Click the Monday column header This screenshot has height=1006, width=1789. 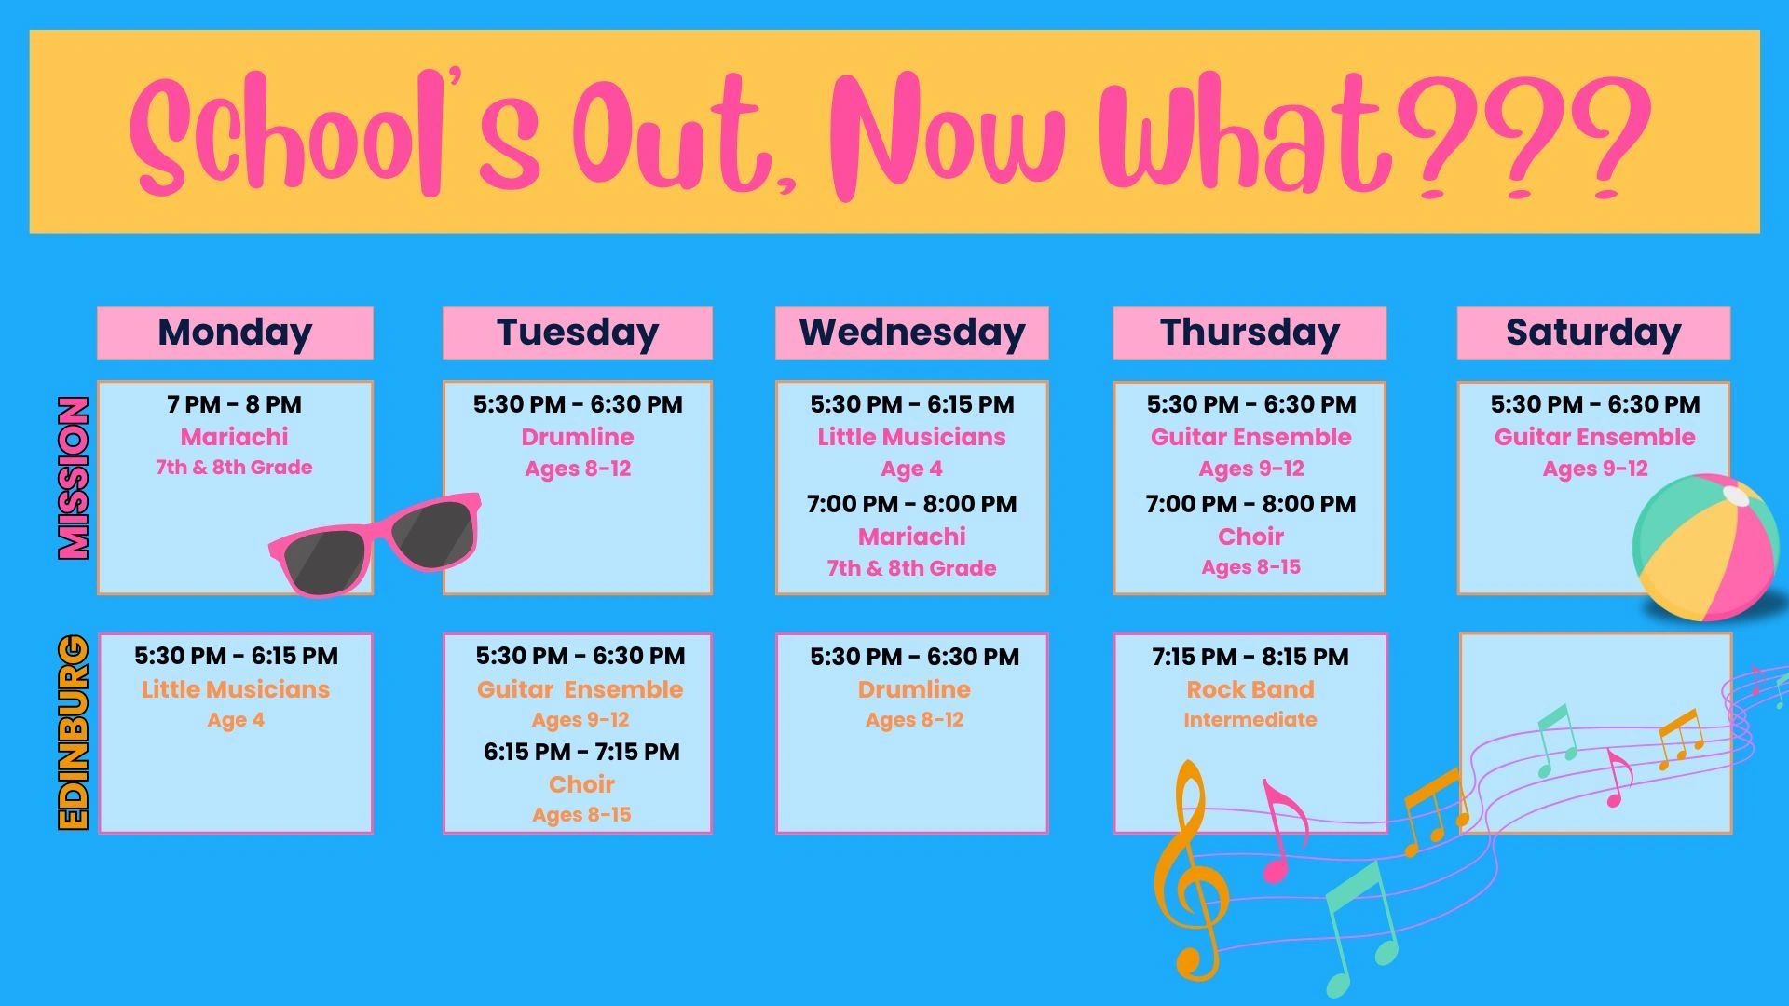coord(235,333)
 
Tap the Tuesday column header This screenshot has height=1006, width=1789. coord(578,333)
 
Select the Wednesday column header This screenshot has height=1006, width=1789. coord(912,333)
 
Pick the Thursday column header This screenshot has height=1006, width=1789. coord(1250,333)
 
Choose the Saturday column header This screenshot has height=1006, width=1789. coord(1593,333)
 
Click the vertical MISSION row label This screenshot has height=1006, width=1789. coord(74,478)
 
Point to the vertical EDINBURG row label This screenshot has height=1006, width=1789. coord(74,732)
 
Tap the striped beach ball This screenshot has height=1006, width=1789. coord(1705,548)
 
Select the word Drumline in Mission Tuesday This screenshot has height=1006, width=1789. coord(578,437)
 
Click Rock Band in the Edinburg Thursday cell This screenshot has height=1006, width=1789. coord(1250,689)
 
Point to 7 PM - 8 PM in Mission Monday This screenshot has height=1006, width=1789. coord(235,404)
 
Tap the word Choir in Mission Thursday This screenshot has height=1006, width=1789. coord(1250,537)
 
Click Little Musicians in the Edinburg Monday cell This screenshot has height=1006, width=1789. coord(236,689)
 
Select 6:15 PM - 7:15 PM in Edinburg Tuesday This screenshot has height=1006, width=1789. coord(581,752)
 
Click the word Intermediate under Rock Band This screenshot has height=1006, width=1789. coord(1250,720)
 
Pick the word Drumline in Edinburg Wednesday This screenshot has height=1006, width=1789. coord(914,689)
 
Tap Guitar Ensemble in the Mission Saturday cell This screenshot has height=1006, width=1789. coord(1595,437)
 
